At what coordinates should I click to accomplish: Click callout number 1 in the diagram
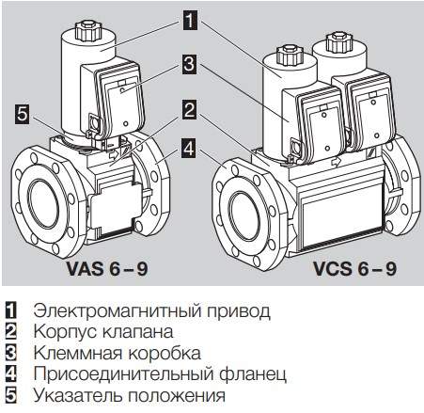[190, 20]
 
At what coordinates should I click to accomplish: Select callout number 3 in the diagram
[190, 65]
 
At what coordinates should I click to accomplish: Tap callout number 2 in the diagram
[190, 109]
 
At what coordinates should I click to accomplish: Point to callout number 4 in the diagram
[190, 149]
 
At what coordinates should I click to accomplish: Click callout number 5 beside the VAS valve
[23, 114]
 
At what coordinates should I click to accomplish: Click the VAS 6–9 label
[107, 268]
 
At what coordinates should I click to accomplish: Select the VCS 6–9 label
[354, 268]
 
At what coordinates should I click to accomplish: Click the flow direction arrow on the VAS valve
[112, 154]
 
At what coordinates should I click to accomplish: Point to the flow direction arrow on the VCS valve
[336, 162]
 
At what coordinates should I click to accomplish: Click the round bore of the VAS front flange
[44, 202]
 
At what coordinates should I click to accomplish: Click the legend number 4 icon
[11, 373]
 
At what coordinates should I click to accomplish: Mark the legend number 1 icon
[11, 310]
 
